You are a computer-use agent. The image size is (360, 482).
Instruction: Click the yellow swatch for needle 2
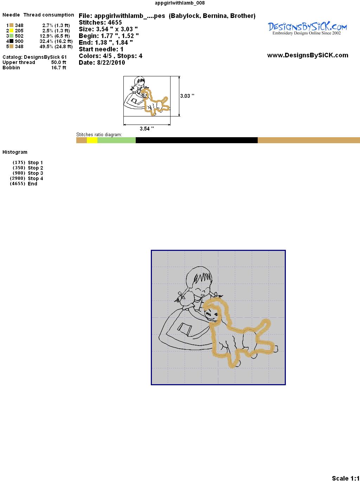click(x=11, y=31)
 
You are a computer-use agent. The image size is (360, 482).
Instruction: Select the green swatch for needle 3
click(x=11, y=36)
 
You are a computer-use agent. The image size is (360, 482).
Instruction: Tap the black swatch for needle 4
click(x=11, y=41)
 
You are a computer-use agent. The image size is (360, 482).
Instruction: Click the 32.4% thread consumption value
click(x=46, y=41)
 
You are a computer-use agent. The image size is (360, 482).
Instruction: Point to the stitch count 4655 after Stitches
click(x=115, y=23)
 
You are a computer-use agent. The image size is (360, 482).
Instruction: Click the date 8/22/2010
click(x=111, y=63)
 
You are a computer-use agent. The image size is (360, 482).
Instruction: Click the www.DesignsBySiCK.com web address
click(x=308, y=55)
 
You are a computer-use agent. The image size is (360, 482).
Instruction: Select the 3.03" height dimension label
click(x=187, y=96)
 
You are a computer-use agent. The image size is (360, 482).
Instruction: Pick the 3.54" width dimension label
click(x=147, y=128)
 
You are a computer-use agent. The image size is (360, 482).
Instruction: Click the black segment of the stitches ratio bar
click(x=197, y=140)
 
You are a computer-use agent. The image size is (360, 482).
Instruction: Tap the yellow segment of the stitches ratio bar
click(x=92, y=140)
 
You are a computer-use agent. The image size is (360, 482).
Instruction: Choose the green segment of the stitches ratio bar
click(x=116, y=140)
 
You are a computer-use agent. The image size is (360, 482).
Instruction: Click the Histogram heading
click(x=15, y=152)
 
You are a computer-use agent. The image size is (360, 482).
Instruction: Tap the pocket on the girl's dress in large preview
click(x=185, y=329)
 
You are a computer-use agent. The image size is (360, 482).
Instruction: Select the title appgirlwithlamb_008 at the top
click(x=180, y=3)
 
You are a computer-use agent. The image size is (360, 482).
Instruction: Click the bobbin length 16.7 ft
click(x=59, y=68)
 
